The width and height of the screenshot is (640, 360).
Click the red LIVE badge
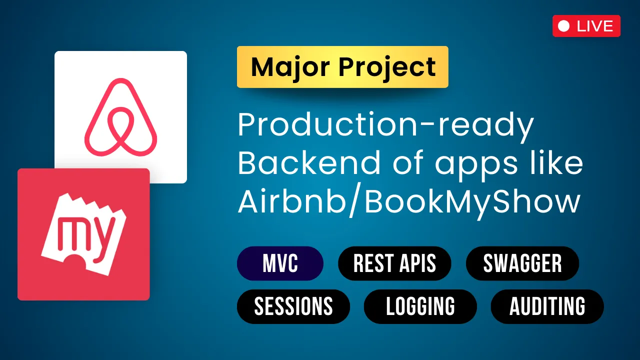(x=586, y=26)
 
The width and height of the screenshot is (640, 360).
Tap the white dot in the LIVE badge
(x=564, y=26)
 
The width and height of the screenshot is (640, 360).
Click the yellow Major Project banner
(x=342, y=67)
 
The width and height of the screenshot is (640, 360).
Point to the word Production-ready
(x=385, y=126)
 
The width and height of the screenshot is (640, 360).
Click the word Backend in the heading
(x=310, y=163)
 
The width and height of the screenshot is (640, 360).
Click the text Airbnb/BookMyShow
(x=409, y=201)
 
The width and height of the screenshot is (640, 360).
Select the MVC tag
(x=280, y=263)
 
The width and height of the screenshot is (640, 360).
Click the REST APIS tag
(x=394, y=263)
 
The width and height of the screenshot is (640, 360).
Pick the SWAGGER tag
(x=522, y=263)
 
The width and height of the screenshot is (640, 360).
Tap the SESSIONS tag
(x=293, y=306)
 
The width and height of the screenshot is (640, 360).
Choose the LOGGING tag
(x=420, y=306)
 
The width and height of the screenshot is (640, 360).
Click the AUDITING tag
(x=547, y=306)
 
